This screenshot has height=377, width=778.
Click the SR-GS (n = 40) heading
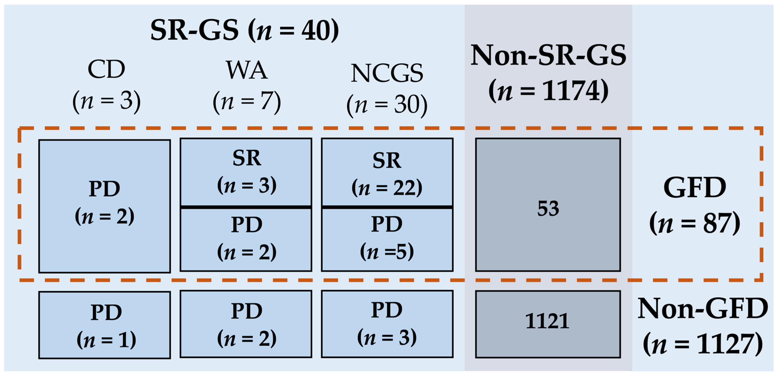click(x=245, y=30)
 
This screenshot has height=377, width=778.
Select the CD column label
click(x=106, y=69)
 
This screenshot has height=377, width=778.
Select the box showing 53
click(x=548, y=205)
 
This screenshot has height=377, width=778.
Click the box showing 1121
click(x=548, y=324)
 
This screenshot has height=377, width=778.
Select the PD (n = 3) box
click(x=387, y=324)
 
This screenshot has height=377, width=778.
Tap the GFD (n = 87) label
click(x=695, y=206)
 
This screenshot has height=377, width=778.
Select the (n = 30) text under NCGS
click(x=387, y=105)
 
